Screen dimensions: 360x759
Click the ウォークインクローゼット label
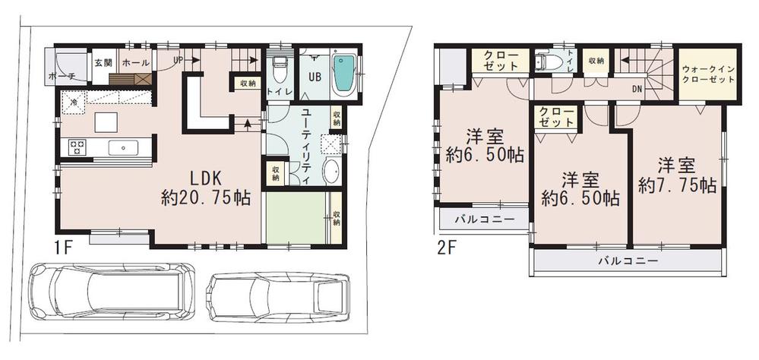point(708,74)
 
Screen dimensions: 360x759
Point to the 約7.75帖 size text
point(677,185)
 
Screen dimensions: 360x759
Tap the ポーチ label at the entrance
point(61,76)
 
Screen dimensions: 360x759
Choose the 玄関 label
point(102,62)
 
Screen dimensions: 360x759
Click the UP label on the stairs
point(179,59)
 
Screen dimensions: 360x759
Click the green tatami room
point(297,217)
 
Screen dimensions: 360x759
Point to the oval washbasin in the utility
point(333,172)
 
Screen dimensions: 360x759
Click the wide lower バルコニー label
point(627,261)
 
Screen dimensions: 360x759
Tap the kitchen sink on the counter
point(122,147)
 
